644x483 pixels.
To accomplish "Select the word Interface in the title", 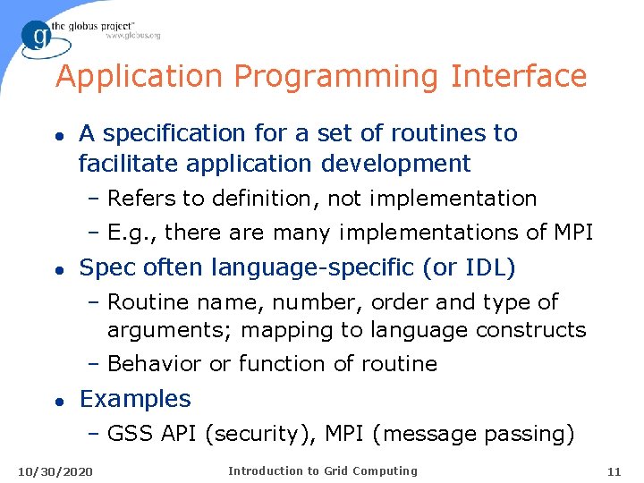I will [519, 76].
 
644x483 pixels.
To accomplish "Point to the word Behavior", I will [154, 364].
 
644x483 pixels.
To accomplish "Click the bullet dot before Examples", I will [60, 400].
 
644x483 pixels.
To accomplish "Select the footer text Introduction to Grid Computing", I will [322, 470].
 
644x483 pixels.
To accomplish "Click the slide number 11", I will [613, 471].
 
